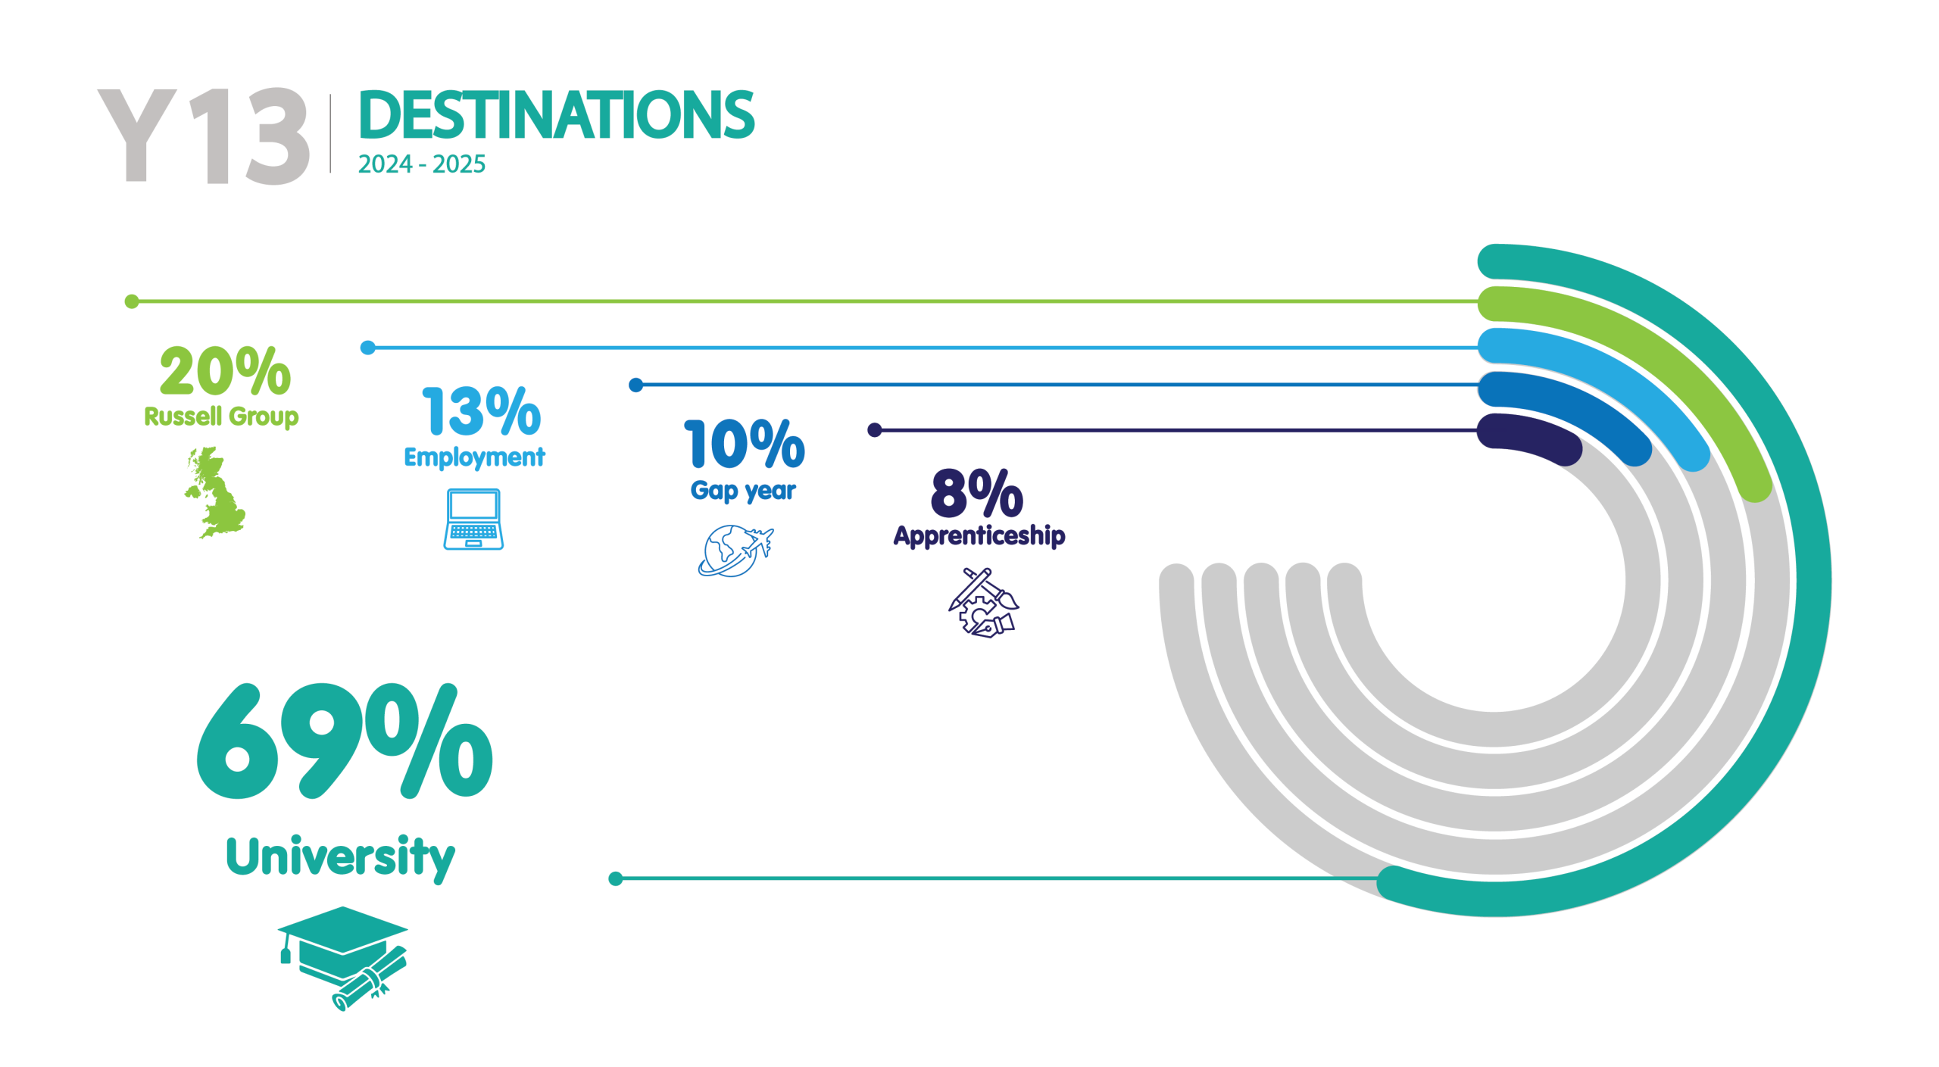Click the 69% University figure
click(345, 741)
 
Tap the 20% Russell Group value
click(225, 371)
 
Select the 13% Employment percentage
click(482, 411)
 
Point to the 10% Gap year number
click(745, 444)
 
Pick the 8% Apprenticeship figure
click(977, 492)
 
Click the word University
click(341, 858)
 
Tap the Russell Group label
click(221, 417)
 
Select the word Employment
click(474, 457)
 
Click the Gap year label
click(743, 491)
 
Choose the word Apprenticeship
click(979, 535)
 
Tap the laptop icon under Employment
click(473, 519)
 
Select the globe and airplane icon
click(735, 551)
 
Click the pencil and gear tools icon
click(983, 603)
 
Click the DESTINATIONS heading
click(557, 115)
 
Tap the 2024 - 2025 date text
click(422, 164)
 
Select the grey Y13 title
click(204, 136)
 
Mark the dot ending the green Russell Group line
click(132, 301)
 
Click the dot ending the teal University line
click(616, 878)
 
